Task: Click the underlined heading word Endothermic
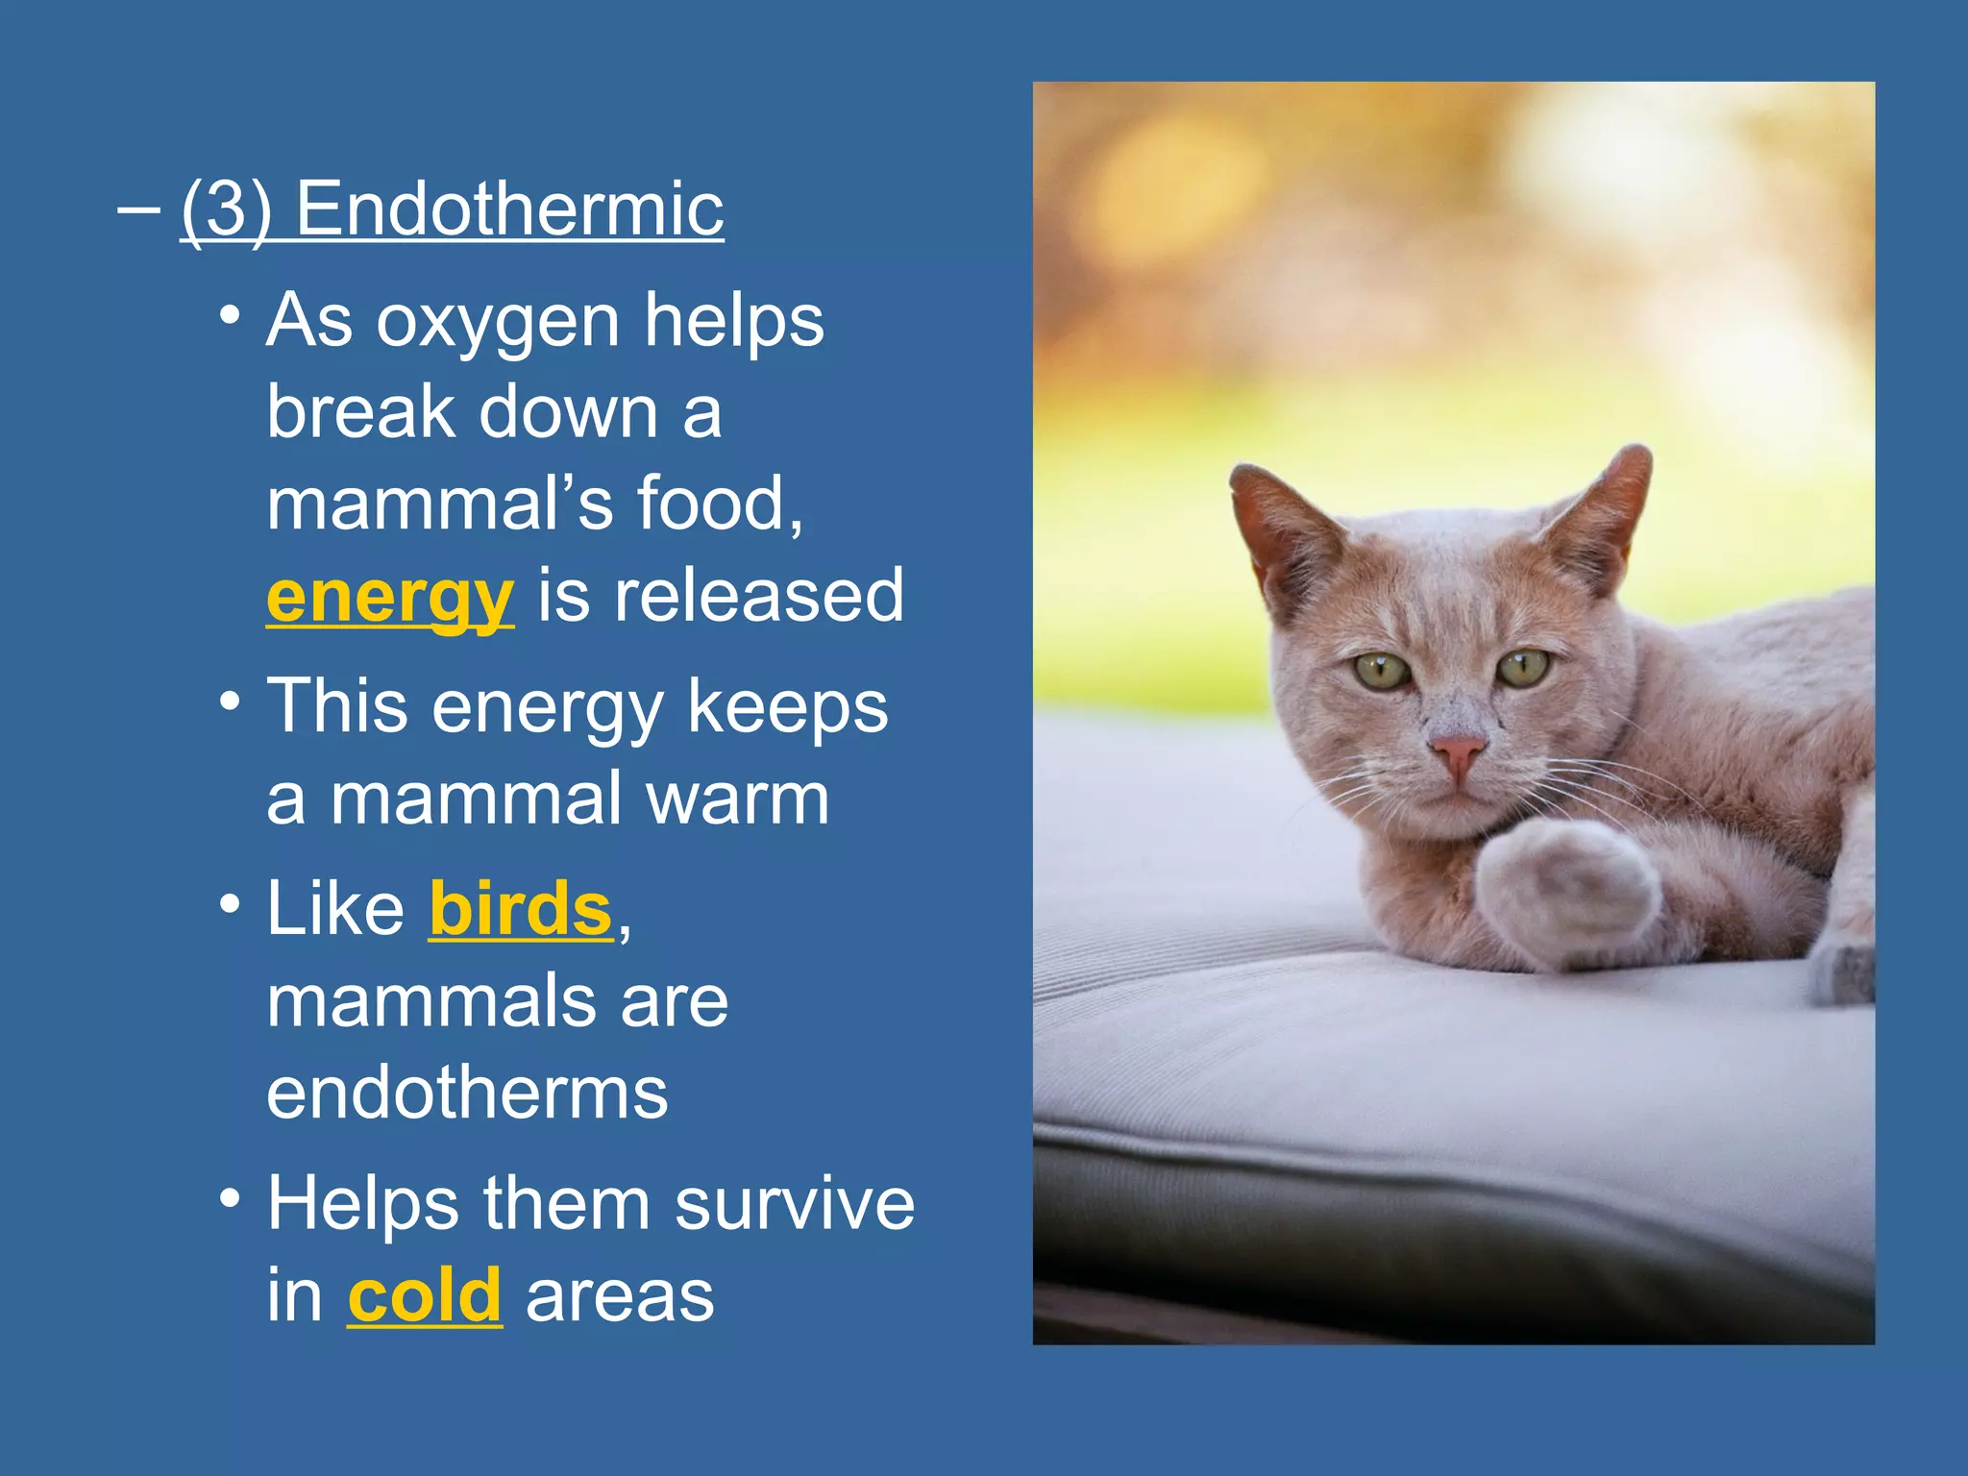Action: (509, 209)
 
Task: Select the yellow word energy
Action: (390, 597)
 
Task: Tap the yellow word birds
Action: (520, 908)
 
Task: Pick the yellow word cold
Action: (425, 1295)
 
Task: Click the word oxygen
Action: (498, 322)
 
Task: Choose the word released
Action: (759, 596)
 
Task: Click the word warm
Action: (737, 799)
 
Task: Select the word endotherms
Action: (467, 1093)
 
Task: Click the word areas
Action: (620, 1295)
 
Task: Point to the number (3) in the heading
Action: (226, 209)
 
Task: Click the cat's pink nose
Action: (1457, 750)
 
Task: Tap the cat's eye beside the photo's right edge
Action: (1524, 666)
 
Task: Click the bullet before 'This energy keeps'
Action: (229, 701)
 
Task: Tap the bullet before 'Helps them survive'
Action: (229, 1198)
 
